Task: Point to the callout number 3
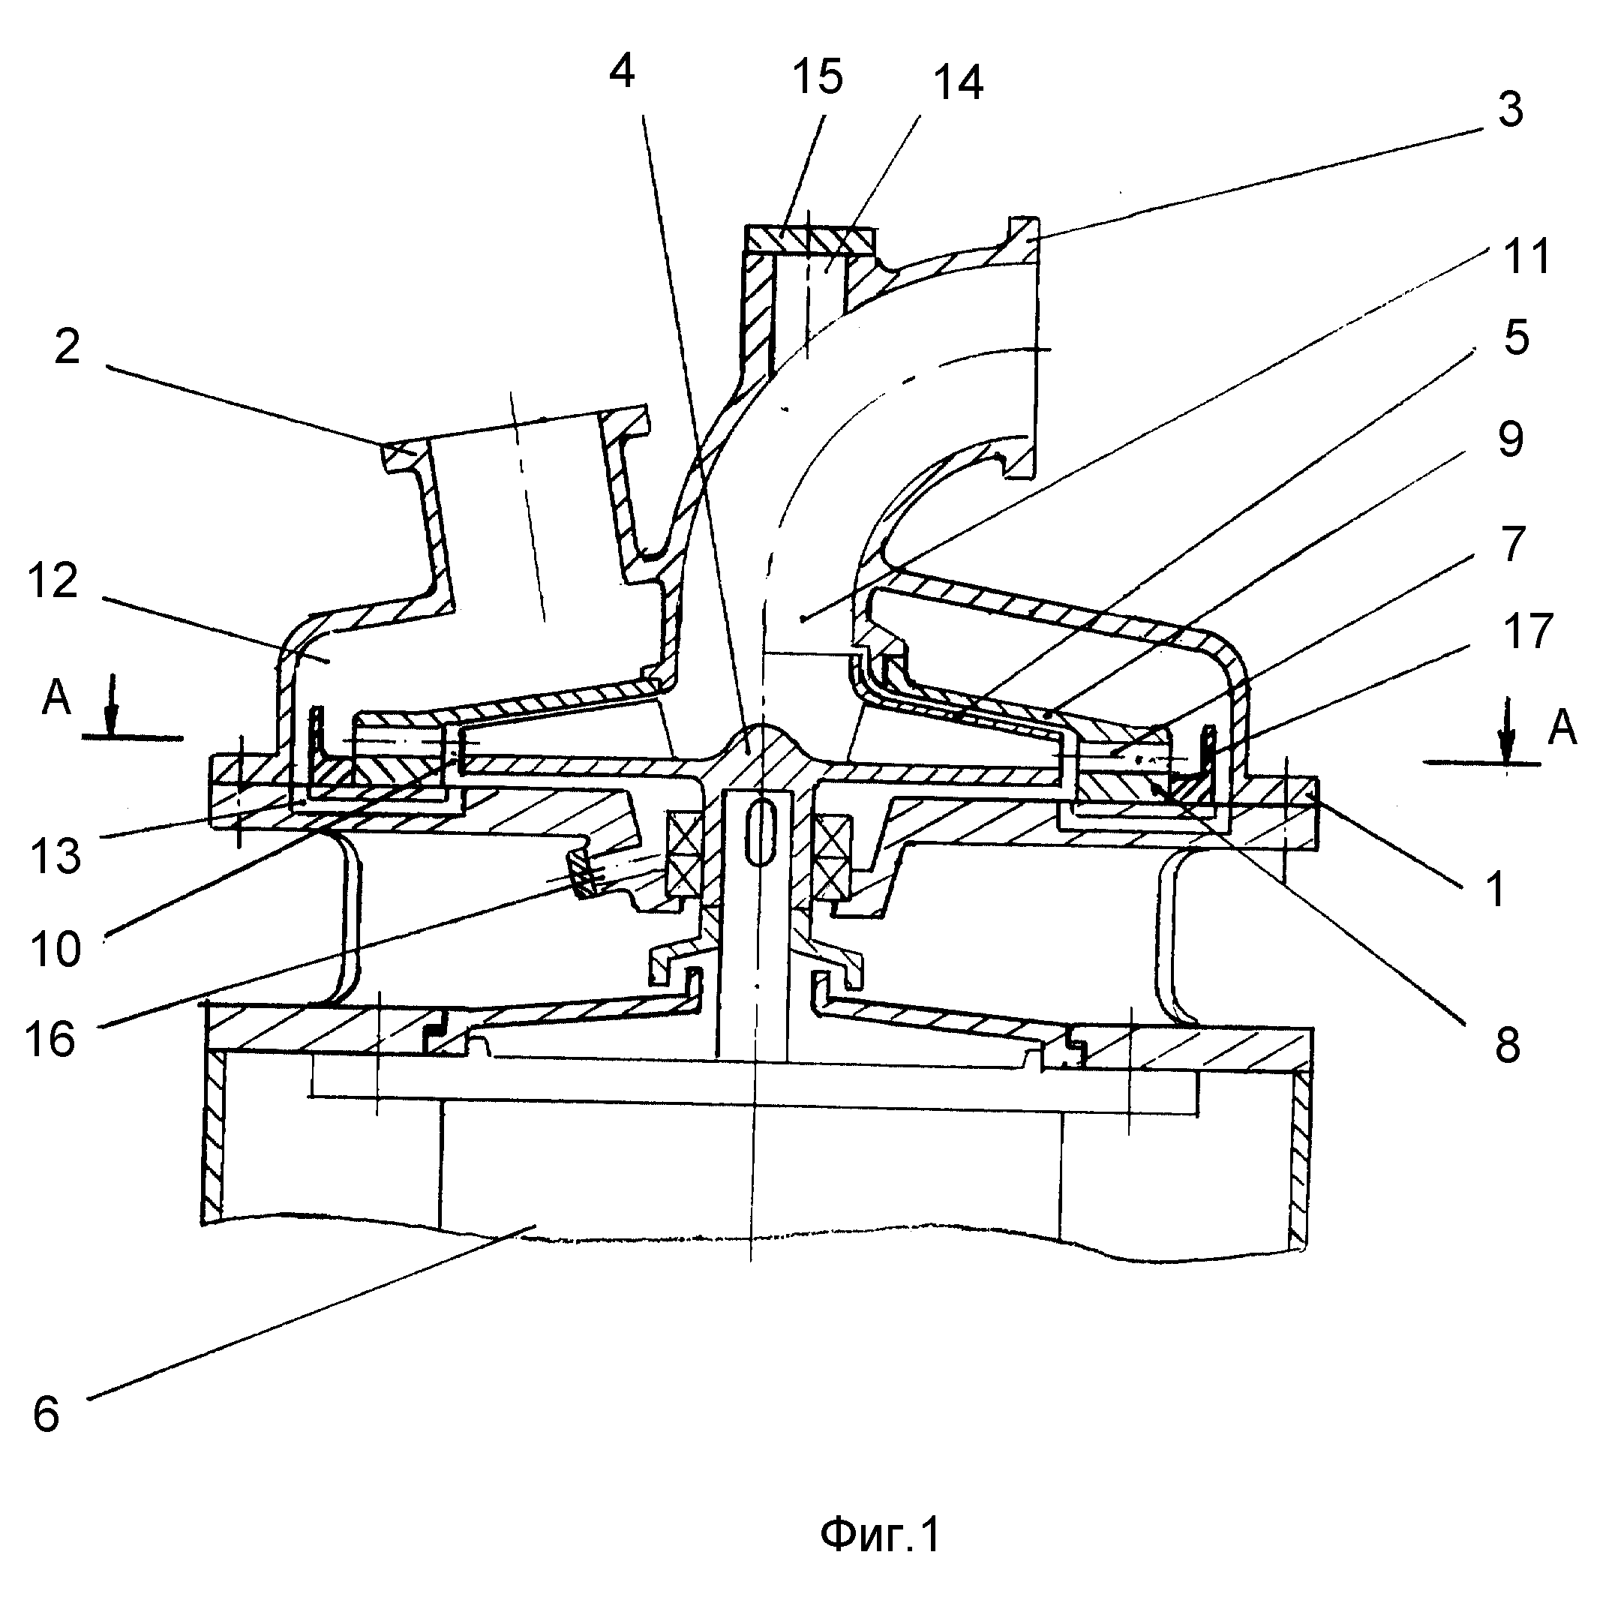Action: pyautogui.click(x=1510, y=110)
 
